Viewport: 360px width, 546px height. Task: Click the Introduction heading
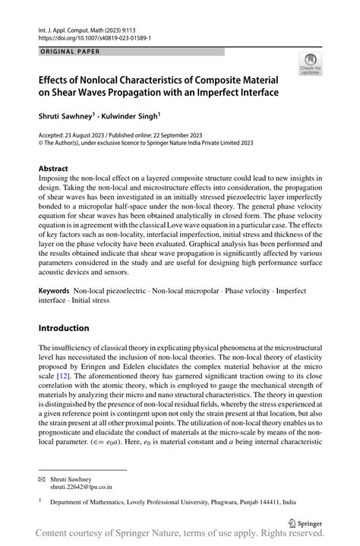[x=64, y=328]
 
